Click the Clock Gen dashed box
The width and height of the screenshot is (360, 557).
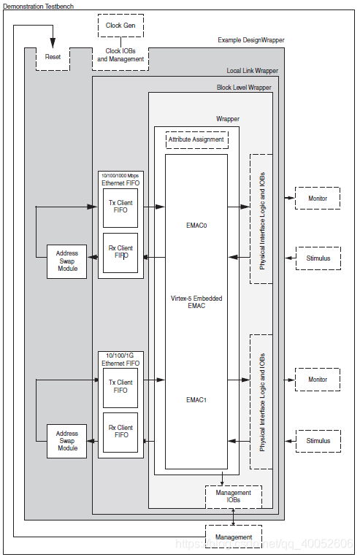coord(120,26)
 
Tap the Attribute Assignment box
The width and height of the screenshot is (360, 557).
coord(196,139)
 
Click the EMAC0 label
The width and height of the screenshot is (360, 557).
coord(196,226)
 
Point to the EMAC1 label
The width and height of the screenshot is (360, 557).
coord(196,400)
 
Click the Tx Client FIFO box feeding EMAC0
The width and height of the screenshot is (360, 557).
coord(120,207)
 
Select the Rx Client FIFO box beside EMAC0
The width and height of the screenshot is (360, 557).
coord(120,253)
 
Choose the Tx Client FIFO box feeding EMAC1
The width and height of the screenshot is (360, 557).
coord(120,386)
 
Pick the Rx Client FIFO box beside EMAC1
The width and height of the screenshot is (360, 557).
coord(120,431)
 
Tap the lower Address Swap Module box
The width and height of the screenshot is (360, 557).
coord(67,441)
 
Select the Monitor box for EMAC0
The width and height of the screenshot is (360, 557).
coord(318,198)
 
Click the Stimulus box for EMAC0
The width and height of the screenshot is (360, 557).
coord(318,258)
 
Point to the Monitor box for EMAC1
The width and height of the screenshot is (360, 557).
coord(318,380)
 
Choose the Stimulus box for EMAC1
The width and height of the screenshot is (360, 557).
coord(318,440)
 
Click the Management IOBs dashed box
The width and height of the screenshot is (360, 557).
coord(233,496)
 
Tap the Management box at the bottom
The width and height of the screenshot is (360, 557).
coord(233,537)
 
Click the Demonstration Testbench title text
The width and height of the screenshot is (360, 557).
coord(38,6)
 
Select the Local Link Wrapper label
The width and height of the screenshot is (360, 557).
coord(252,71)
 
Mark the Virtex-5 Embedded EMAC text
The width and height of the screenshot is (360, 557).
coord(196,302)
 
